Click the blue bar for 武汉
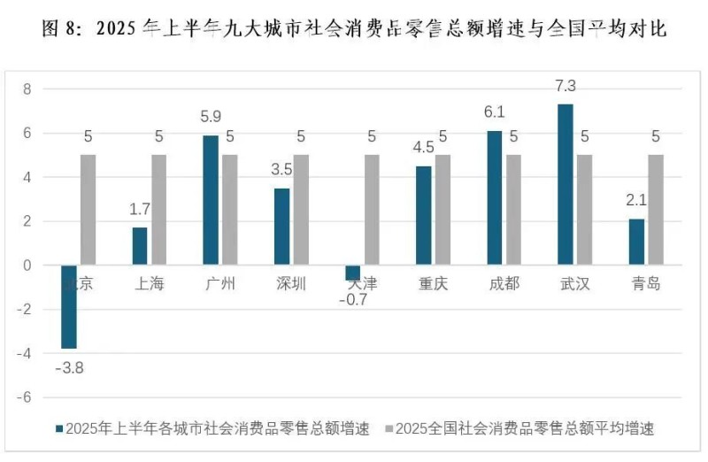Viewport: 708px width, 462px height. (566, 184)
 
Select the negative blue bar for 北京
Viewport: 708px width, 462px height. (69, 306)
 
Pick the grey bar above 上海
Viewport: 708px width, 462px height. (158, 210)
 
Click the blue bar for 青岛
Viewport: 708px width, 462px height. (636, 242)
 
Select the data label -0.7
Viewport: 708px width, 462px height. (352, 299)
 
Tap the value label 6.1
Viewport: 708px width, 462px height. (494, 112)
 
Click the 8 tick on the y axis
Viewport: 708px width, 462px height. (27, 89)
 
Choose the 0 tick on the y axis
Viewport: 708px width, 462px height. (27, 266)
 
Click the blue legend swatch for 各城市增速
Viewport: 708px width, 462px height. (59, 428)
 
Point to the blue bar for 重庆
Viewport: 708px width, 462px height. (423, 215)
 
